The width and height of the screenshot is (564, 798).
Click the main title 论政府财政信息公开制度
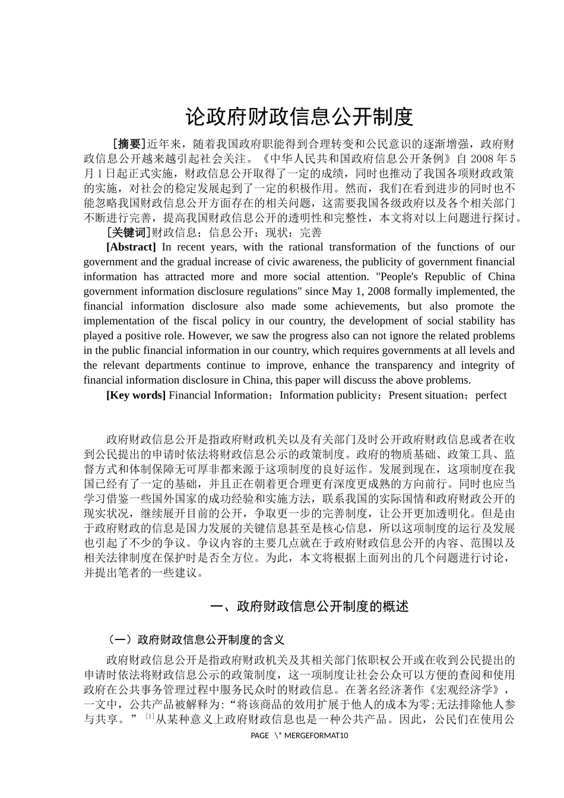coord(299,117)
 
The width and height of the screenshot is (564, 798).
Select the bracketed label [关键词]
coord(128,233)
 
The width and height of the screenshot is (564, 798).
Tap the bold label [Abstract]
coord(131,247)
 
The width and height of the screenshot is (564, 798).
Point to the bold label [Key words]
coord(136,395)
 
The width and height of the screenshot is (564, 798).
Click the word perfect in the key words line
coord(491,395)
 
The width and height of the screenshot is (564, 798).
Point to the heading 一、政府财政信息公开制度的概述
coord(310,607)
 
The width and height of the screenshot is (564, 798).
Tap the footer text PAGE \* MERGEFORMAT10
coord(299,736)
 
